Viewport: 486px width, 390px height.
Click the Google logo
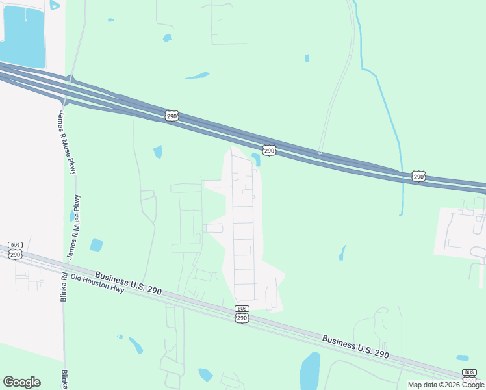point(21,382)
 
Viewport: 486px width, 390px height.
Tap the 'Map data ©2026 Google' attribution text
point(446,385)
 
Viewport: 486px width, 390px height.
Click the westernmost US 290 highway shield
point(172,116)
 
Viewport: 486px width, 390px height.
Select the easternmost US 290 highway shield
point(418,176)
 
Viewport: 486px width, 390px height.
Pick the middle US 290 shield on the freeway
point(270,150)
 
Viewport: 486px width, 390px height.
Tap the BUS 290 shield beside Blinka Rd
point(16,251)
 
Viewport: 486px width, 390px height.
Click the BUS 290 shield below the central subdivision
point(242,314)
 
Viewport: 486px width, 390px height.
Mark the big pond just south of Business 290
point(310,371)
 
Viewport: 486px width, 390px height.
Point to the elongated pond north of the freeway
point(197,75)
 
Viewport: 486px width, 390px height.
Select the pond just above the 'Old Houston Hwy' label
point(96,245)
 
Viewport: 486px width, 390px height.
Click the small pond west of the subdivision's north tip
point(157,152)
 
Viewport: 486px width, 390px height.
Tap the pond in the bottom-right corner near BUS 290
point(462,358)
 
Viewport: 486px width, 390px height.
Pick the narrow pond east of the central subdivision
point(342,253)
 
